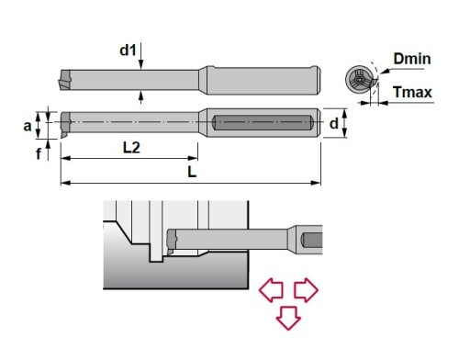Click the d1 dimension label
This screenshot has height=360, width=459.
tap(128, 51)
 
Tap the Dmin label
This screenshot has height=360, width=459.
tap(412, 59)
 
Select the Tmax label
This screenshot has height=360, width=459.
tap(412, 92)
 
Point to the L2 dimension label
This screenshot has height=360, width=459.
tap(131, 148)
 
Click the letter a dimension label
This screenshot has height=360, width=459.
tap(28, 126)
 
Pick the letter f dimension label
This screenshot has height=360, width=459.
tap(39, 153)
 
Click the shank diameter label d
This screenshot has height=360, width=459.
tap(334, 123)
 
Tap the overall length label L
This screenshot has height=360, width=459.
tap(192, 173)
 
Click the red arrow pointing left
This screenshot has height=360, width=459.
tap(271, 290)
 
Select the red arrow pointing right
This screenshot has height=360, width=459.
tap(306, 290)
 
